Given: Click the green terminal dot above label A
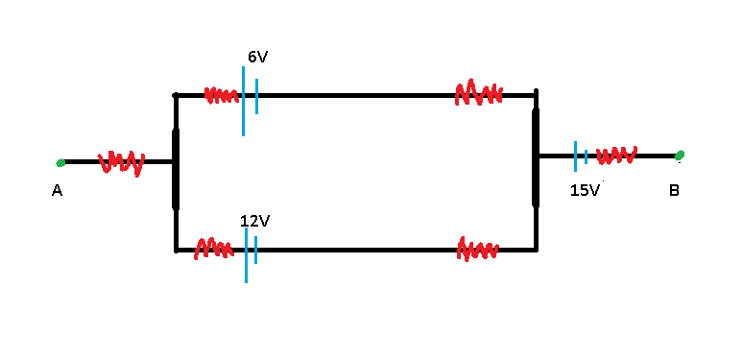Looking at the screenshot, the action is [60, 163].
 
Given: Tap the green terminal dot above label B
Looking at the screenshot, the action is [680, 155].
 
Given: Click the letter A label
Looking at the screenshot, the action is [57, 191].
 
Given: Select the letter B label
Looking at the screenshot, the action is [674, 190].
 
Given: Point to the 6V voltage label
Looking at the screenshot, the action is [258, 58].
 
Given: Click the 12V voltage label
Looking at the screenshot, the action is [255, 221].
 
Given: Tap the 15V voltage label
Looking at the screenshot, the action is [585, 190].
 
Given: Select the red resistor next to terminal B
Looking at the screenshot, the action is [616, 156].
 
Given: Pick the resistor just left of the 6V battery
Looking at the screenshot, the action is [222, 95].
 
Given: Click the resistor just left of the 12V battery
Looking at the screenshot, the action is [214, 249].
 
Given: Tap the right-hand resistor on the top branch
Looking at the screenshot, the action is [479, 93].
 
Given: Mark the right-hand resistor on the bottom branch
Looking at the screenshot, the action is [478, 250].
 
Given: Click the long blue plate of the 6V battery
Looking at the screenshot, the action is [243, 101].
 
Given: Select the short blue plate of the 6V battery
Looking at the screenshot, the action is [257, 96].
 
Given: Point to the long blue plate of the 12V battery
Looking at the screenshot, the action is [246, 255].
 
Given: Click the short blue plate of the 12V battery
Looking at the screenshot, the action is [255, 250].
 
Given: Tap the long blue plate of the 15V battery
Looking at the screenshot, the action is [575, 156].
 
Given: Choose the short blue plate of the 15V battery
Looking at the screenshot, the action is [587, 156].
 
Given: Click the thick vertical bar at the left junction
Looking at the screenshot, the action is [176, 168].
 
